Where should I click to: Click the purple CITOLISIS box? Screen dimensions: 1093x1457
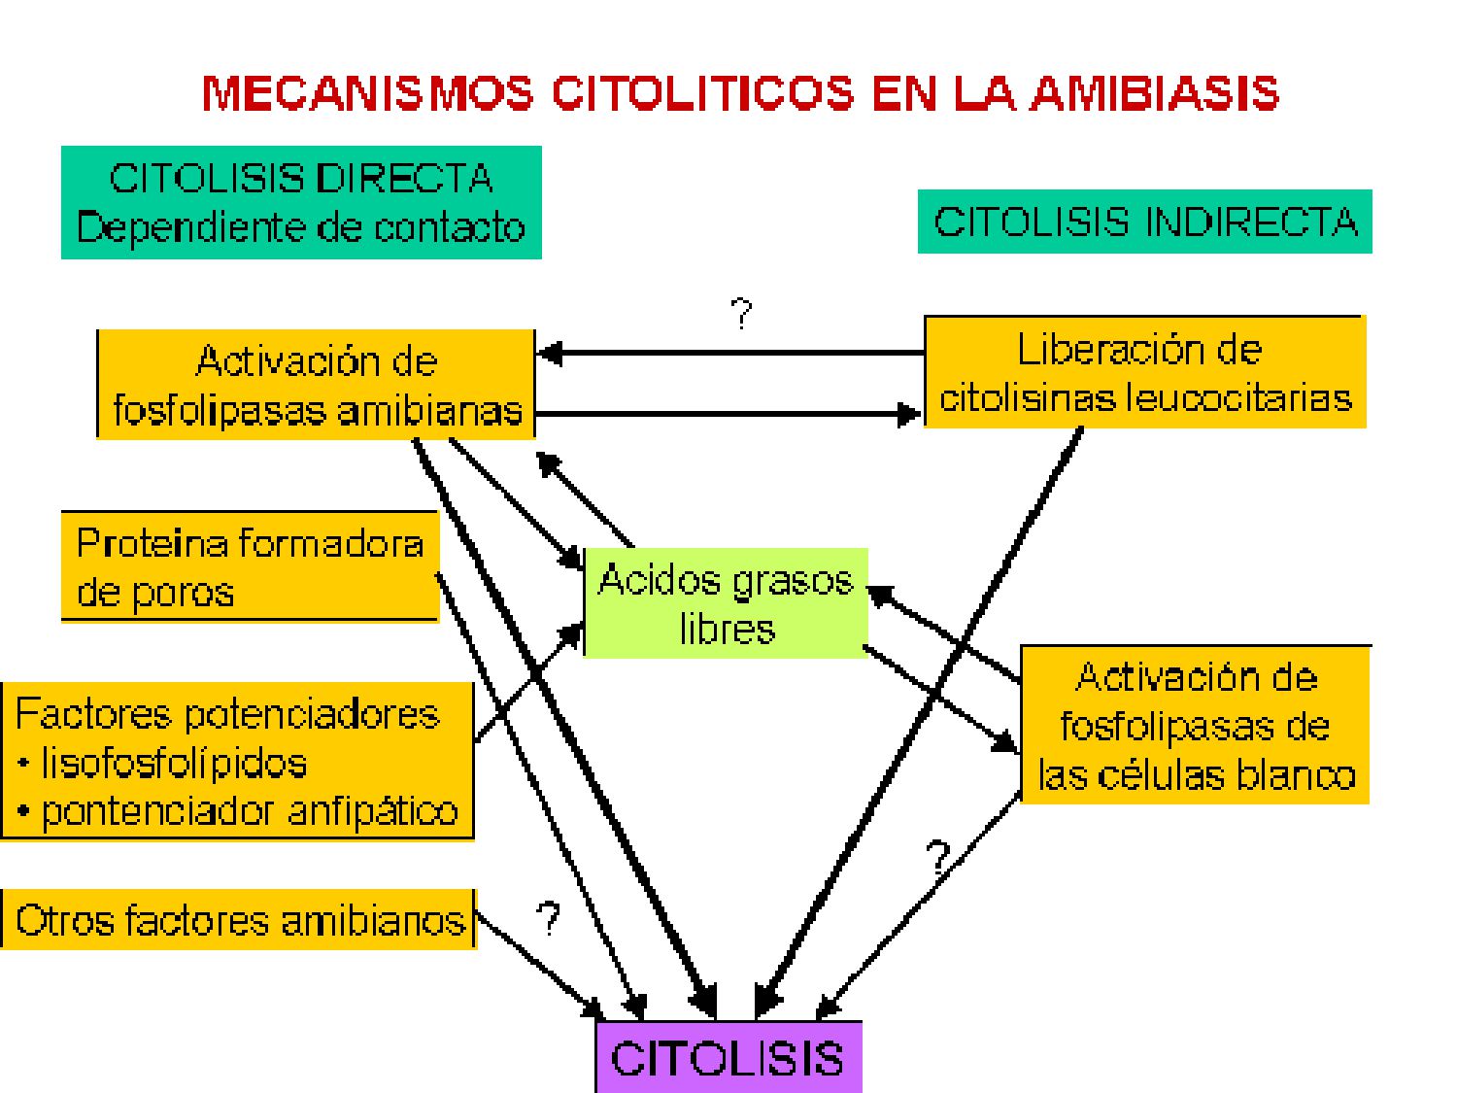(728, 1057)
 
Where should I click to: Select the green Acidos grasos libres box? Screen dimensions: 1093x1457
(726, 603)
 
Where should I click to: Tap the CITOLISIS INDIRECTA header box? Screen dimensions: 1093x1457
(1144, 222)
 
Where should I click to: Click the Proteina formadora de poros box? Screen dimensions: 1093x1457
(250, 566)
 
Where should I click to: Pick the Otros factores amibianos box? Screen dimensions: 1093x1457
(239, 919)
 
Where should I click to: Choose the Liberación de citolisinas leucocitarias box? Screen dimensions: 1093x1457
(1144, 372)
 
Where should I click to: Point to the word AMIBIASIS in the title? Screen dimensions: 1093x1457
(1154, 93)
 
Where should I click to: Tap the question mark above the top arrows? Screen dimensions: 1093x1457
(741, 314)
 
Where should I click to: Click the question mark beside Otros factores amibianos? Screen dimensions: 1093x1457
(549, 917)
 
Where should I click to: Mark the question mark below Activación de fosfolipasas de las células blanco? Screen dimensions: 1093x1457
(937, 858)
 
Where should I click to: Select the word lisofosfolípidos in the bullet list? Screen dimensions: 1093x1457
(174, 763)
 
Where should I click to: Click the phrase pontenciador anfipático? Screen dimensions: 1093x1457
(250, 811)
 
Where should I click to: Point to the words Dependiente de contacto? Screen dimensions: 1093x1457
(301, 227)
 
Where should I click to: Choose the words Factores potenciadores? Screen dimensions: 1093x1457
(227, 714)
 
